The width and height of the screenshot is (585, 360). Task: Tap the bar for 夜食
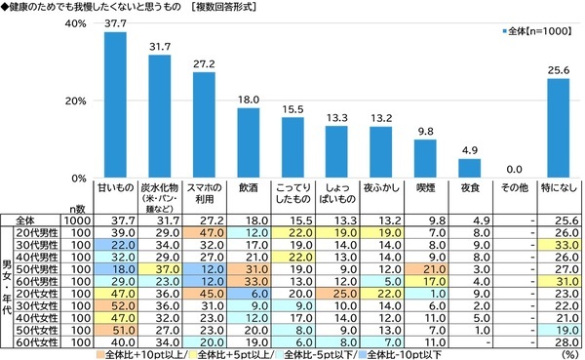(469, 169)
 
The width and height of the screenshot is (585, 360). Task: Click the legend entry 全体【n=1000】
(541, 32)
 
